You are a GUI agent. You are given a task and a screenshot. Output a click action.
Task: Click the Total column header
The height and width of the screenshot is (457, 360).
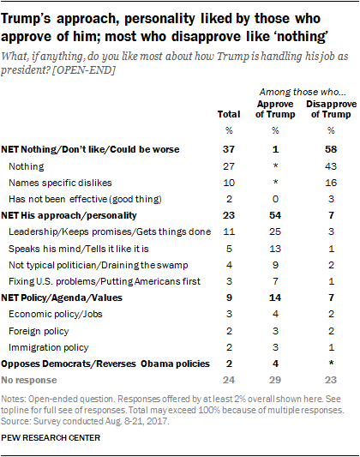pyautogui.click(x=229, y=114)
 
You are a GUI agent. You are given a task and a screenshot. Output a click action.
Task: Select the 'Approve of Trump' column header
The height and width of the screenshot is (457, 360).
pyautogui.click(x=275, y=109)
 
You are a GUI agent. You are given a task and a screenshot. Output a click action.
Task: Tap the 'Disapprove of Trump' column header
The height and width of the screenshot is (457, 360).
pyautogui.click(x=331, y=109)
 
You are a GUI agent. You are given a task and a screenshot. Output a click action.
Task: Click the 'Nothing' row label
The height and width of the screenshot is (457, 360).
pyautogui.click(x=27, y=166)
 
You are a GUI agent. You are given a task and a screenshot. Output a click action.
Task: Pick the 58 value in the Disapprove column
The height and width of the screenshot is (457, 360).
pyautogui.click(x=331, y=149)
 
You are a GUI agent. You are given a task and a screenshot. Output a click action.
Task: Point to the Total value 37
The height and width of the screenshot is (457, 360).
pyautogui.click(x=229, y=149)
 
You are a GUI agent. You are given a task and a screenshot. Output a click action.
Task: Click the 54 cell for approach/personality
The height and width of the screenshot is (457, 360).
pyautogui.click(x=275, y=215)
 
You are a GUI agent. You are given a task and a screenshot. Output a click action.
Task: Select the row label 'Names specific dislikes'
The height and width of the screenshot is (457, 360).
pyautogui.click(x=60, y=183)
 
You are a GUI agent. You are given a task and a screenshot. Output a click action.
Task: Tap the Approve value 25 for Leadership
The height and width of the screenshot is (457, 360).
pyautogui.click(x=275, y=232)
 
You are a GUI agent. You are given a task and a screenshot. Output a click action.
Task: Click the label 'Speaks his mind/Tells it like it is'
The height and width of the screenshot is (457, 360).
pyautogui.click(x=79, y=249)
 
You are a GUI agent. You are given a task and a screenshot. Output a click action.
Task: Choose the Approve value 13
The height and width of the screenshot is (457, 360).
pyautogui.click(x=275, y=249)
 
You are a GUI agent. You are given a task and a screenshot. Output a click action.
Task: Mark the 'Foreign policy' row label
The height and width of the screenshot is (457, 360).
pyautogui.click(x=39, y=331)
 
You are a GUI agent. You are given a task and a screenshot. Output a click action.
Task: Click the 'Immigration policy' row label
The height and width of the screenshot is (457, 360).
pyautogui.click(x=49, y=348)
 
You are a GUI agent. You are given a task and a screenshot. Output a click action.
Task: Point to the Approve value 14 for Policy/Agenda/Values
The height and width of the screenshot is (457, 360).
pyautogui.click(x=275, y=298)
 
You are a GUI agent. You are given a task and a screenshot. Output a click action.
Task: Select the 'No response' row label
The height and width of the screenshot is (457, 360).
pyautogui.click(x=29, y=380)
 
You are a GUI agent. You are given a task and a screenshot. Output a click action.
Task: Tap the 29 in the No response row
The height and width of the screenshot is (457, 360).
pyautogui.click(x=275, y=380)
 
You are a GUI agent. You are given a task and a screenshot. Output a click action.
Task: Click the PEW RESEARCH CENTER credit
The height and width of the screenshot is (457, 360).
pyautogui.click(x=51, y=438)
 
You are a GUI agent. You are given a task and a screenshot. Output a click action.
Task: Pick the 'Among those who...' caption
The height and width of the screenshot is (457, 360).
pyautogui.click(x=303, y=92)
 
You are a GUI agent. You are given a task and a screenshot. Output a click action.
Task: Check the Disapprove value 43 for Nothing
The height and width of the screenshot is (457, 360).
pyautogui.click(x=331, y=166)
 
